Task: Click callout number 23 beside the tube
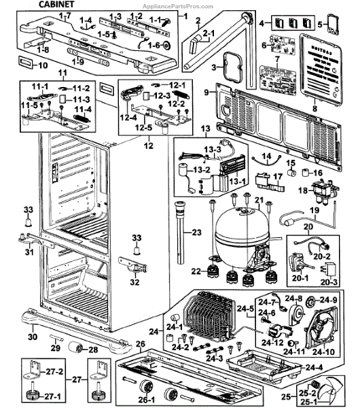[x=197, y=233]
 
